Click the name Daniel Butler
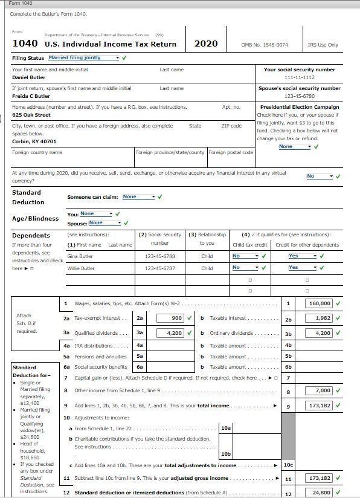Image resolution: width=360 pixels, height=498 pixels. [29, 78]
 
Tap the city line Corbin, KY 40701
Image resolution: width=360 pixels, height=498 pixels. [34, 141]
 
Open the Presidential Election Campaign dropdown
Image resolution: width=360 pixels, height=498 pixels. [295, 146]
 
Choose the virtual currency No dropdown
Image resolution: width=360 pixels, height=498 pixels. [320, 176]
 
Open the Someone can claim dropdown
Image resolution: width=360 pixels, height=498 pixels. [139, 196]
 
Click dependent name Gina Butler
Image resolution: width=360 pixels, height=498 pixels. [80, 256]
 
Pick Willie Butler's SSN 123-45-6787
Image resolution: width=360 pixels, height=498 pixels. [159, 268]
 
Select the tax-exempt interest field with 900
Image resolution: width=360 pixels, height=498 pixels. [170, 318]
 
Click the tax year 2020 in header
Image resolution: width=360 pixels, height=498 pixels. [206, 44]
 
